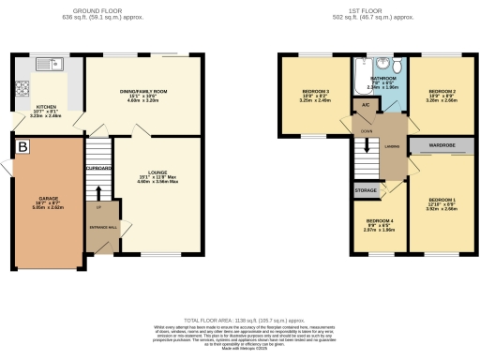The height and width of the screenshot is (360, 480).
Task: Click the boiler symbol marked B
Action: point(22,147)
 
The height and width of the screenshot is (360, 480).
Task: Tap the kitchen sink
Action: point(45,65)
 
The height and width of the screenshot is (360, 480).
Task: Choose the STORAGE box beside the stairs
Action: point(366,190)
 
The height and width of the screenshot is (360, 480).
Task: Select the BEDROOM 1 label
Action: point(442,200)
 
